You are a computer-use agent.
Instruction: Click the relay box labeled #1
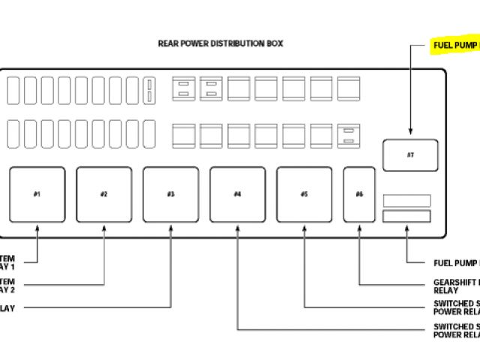[x=37, y=194]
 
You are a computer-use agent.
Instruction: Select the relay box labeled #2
[x=103, y=194]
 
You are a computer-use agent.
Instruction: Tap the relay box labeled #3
[x=171, y=194]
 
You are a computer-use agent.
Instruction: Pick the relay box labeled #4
[x=237, y=194]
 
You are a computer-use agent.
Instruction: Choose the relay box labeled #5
[x=304, y=194]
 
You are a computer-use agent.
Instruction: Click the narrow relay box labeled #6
[x=360, y=194]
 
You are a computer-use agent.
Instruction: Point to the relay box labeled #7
[x=410, y=154]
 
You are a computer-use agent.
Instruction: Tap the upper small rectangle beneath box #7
[x=407, y=200]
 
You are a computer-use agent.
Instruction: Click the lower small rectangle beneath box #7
[x=407, y=216]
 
